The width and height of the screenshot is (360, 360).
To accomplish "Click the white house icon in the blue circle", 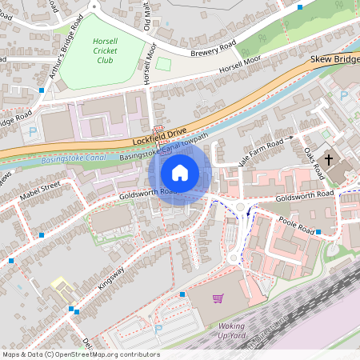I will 180,173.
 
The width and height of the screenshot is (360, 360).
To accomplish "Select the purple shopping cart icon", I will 218,298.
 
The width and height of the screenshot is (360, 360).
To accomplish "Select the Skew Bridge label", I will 334,59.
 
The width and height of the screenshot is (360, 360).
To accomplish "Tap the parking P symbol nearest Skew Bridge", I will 344,95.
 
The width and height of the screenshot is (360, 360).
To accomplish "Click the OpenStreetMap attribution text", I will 81,354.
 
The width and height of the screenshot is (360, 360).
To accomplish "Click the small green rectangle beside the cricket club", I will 163,64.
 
